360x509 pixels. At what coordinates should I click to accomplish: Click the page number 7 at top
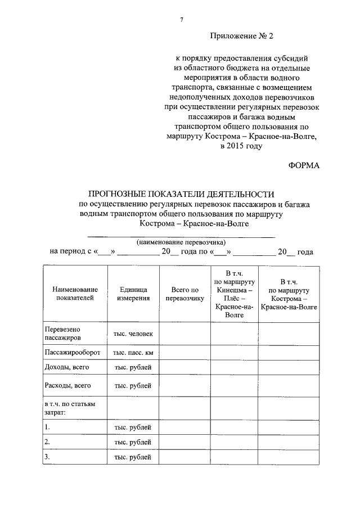[x=181, y=20]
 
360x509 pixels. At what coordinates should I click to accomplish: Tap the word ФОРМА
[x=303, y=165]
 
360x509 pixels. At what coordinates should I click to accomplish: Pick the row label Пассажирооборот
[x=72, y=353]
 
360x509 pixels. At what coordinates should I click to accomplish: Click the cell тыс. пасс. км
[x=133, y=353]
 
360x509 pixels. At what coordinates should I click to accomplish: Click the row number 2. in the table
[x=48, y=442]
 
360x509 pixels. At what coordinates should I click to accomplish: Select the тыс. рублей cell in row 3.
[x=133, y=457]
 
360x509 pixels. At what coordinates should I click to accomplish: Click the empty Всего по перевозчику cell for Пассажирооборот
[x=184, y=353]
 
